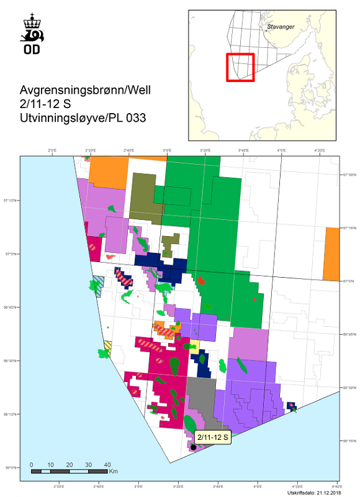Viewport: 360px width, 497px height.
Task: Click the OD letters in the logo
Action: coord(31,49)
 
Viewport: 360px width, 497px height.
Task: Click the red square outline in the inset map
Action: coord(240,67)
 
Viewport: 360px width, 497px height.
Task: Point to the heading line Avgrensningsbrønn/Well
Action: coord(85,91)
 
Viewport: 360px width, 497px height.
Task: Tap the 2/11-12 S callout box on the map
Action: coord(212,437)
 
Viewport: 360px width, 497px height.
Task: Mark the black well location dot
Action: coord(193,447)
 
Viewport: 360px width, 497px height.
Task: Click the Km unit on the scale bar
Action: coord(113,472)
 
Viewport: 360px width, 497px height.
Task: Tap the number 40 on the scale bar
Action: coord(107,465)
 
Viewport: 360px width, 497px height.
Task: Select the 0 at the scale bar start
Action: coord(31,465)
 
